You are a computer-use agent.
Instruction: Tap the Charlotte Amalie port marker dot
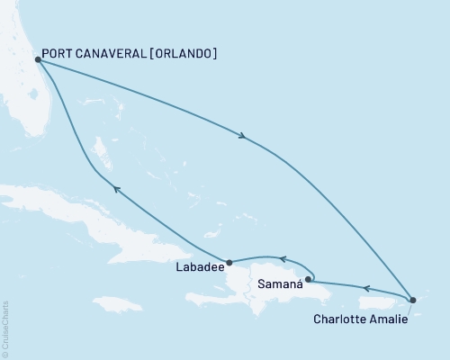pyautogui.click(x=412, y=299)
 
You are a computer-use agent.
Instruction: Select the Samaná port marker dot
pyautogui.click(x=309, y=279)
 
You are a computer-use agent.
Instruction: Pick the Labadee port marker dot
pyautogui.click(x=229, y=263)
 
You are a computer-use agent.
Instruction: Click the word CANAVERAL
pyautogui.click(x=117, y=54)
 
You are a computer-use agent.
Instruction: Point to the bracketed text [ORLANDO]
pyautogui.click(x=186, y=54)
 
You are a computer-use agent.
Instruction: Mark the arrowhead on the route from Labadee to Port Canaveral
pyautogui.click(x=114, y=187)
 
